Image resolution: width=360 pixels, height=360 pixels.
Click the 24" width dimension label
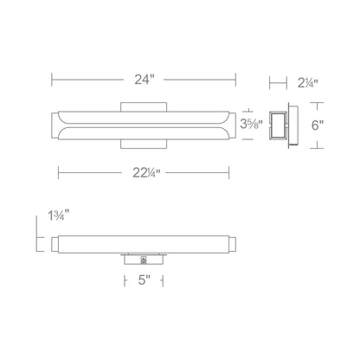click(x=145, y=80)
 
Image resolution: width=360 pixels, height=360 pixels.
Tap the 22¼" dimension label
click(x=145, y=172)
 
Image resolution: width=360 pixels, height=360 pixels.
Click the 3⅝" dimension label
click(x=254, y=125)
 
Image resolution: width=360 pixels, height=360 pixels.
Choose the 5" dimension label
click(x=144, y=280)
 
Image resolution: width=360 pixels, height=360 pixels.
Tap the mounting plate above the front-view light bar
click(x=144, y=105)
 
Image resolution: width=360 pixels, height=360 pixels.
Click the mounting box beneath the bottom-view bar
click(x=144, y=259)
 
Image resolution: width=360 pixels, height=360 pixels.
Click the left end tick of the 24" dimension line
click(x=54, y=80)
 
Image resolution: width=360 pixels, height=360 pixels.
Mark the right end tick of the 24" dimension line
click(x=235, y=80)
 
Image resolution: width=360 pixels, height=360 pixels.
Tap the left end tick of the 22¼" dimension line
click(x=59, y=172)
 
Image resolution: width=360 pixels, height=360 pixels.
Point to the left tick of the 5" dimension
click(x=122, y=280)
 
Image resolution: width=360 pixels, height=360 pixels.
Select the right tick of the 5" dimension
click(x=165, y=280)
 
